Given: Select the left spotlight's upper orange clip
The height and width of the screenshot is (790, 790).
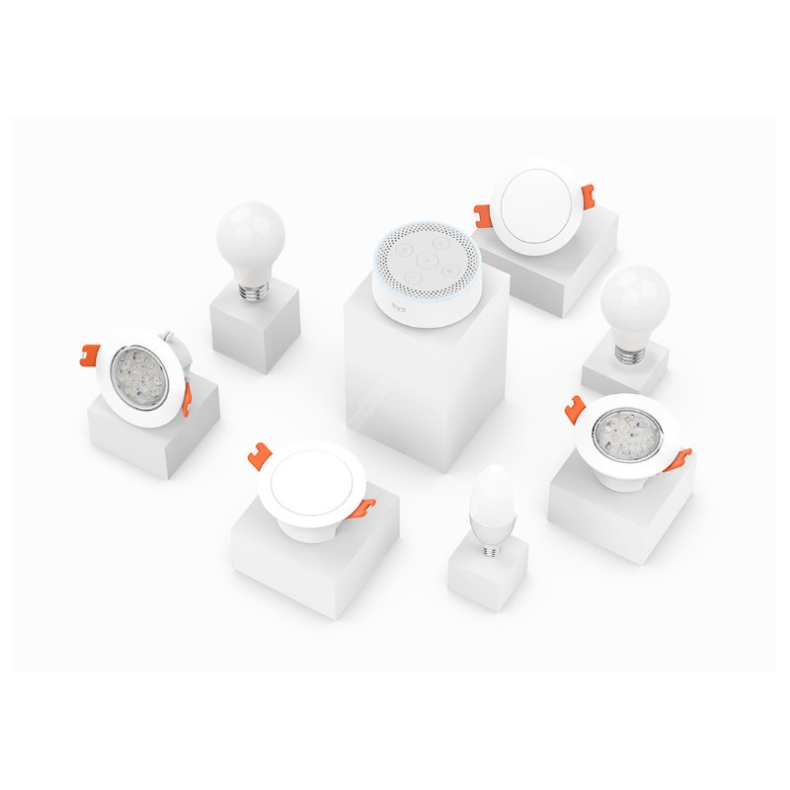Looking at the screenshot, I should pyautogui.click(x=90, y=351).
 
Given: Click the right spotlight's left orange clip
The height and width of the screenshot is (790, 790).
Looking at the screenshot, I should pyautogui.click(x=575, y=406).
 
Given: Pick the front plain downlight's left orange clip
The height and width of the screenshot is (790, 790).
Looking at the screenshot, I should pyautogui.click(x=262, y=452).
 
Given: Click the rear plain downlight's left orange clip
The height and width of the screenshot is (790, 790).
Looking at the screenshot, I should pyautogui.click(x=484, y=213).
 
